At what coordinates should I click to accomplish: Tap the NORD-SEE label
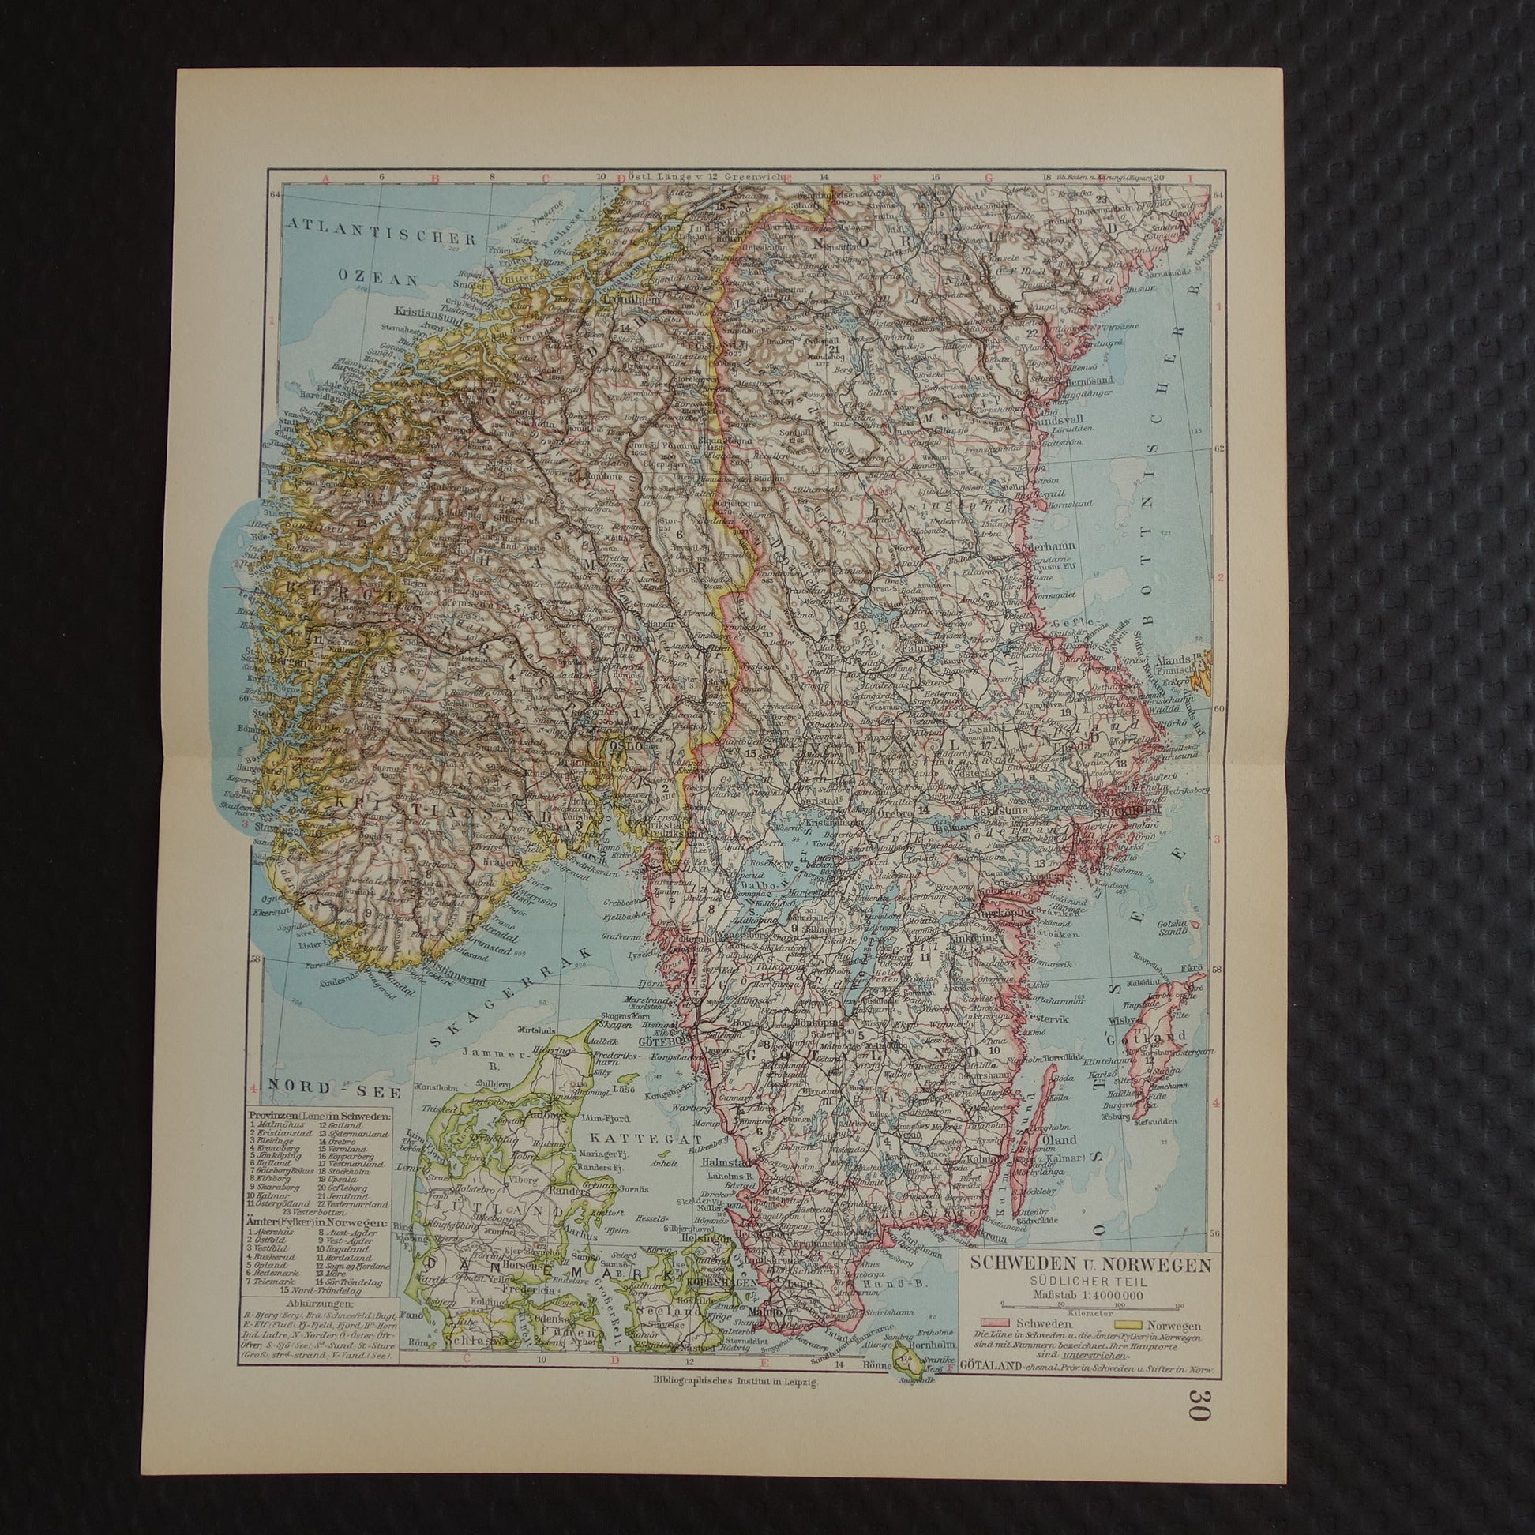297,1084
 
